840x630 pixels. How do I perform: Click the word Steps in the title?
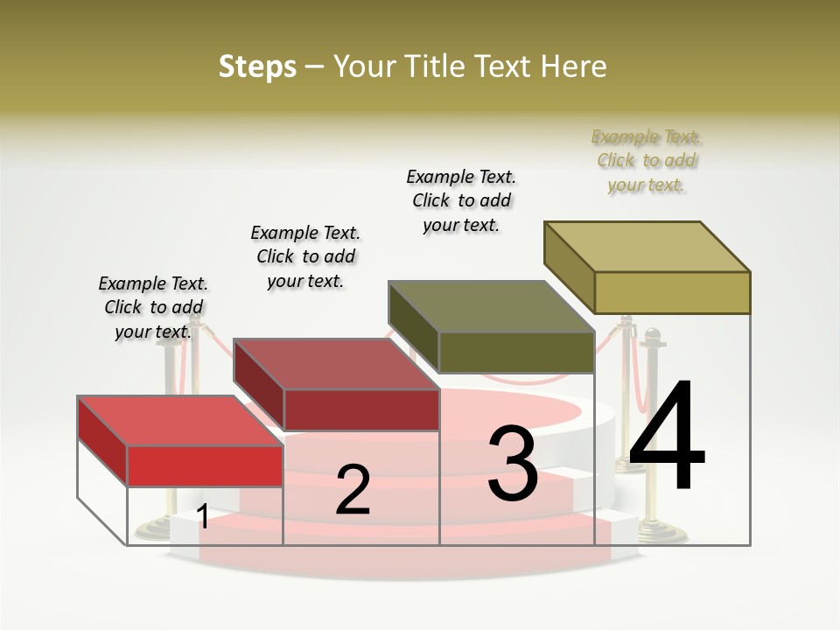tap(257, 66)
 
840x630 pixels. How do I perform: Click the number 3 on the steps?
tap(513, 464)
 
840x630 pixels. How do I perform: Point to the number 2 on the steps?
tap(353, 490)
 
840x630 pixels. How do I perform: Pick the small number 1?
tap(203, 516)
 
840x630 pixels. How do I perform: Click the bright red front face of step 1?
tap(206, 465)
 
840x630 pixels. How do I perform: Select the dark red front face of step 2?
tap(361, 409)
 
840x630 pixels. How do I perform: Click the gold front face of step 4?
tap(672, 292)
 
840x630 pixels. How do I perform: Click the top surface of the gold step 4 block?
tap(647, 246)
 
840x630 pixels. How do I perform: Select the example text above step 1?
tap(153, 307)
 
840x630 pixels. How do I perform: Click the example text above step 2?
tap(305, 256)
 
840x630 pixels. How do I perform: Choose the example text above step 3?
tap(461, 200)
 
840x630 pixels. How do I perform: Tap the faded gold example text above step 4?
tap(647, 160)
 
